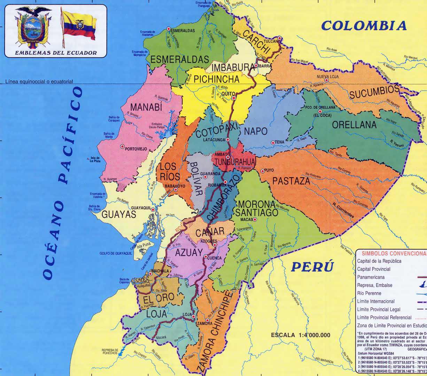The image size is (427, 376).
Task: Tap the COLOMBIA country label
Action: tap(364, 25)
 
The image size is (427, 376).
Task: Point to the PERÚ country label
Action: tap(312, 267)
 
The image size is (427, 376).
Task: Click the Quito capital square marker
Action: tap(234, 98)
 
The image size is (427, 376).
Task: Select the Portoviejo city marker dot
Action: tap(122, 146)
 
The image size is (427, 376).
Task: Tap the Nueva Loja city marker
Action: tap(326, 80)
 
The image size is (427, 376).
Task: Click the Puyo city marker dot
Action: tap(262, 171)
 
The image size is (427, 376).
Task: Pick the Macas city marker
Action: tap(255, 219)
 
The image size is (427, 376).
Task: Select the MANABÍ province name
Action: tap(147, 107)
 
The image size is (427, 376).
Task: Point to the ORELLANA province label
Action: tap(354, 125)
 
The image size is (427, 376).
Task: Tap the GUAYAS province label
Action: tap(119, 215)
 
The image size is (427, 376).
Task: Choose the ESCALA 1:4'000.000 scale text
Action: tap(300, 335)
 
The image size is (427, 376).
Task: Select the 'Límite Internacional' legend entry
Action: tap(376, 301)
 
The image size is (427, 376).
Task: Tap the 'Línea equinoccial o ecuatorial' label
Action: tap(39, 82)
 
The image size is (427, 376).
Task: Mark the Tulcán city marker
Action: tap(279, 38)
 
